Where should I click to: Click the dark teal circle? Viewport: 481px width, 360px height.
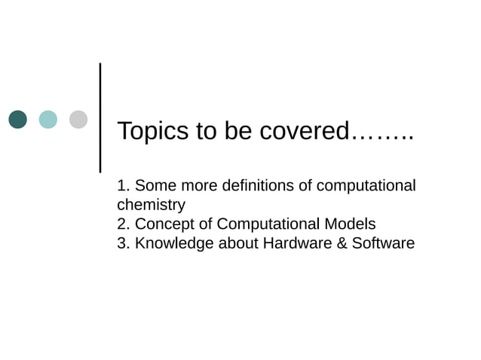[18, 119]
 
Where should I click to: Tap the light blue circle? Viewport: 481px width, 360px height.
[48, 119]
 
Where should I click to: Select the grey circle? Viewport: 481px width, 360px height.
[78, 119]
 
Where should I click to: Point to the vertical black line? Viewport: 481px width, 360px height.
[101, 117]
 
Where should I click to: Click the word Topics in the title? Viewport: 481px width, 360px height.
[153, 131]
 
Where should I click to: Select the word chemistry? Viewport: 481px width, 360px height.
[151, 205]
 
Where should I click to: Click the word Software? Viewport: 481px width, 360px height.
[381, 244]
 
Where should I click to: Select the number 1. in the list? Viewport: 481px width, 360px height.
[124, 185]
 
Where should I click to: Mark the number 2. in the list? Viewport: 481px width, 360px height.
[124, 224]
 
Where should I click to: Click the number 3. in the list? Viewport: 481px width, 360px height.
[124, 244]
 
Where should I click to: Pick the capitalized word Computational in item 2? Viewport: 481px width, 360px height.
[270, 224]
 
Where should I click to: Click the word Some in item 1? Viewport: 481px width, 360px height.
[155, 185]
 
